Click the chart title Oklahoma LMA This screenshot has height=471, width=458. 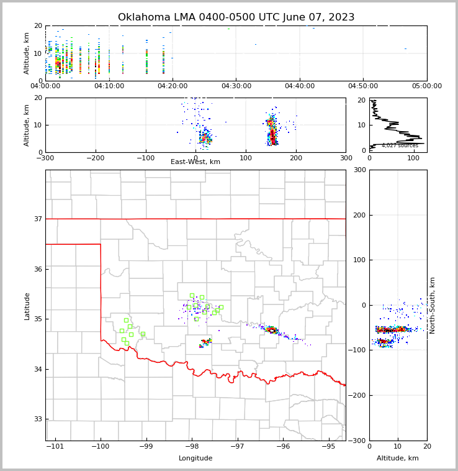tap(236, 17)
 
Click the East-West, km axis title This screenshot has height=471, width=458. tap(195, 162)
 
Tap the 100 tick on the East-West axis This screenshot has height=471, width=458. tap(246, 158)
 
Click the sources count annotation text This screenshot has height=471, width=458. tap(400, 145)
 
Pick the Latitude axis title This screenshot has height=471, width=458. tap(27, 306)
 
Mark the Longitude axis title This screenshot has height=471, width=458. tap(195, 459)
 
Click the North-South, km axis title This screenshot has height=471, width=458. tap(433, 305)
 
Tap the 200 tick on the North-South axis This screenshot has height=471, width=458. tap(359, 215)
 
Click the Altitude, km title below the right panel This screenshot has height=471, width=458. tap(398, 459)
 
